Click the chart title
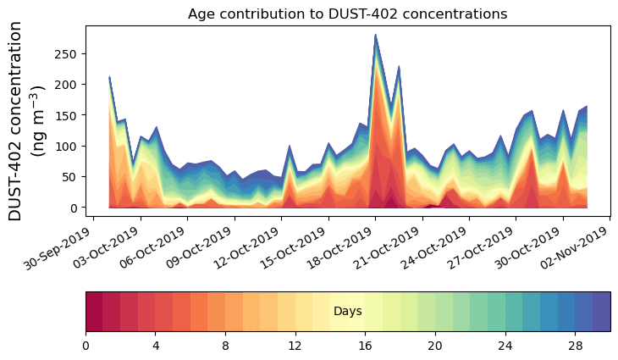pyautogui.click(x=347, y=14)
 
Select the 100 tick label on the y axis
pyautogui.click(x=69, y=146)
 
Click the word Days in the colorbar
pyautogui.click(x=348, y=312)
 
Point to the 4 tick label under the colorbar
pyautogui.click(x=156, y=346)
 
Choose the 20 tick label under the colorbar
pyautogui.click(x=435, y=346)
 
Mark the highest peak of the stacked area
pyautogui.click(x=375, y=36)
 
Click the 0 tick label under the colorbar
pyautogui.click(x=86, y=346)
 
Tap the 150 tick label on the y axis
pyautogui.click(x=69, y=115)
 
